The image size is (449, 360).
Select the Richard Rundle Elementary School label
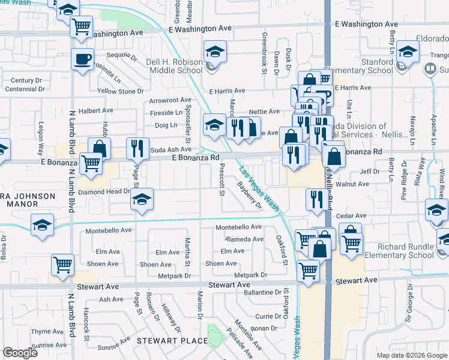pyautogui.click(x=405, y=251)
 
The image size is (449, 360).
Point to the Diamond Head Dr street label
pyautogui.click(x=103, y=192)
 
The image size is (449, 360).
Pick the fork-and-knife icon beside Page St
pyautogui.click(x=137, y=148)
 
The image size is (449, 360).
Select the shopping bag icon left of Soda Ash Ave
pyautogui.click(x=99, y=148)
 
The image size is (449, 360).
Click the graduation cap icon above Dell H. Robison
pyautogui.click(x=214, y=52)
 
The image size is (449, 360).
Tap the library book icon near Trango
pyautogui.click(x=430, y=69)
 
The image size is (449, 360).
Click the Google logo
pyautogui.click(x=20, y=353)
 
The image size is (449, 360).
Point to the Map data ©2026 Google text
pyautogui.click(x=411, y=355)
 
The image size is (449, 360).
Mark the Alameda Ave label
pyautogui.click(x=244, y=239)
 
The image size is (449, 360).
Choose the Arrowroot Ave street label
pyautogui.click(x=170, y=100)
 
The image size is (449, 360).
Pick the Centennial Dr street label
pyautogui.click(x=24, y=89)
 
